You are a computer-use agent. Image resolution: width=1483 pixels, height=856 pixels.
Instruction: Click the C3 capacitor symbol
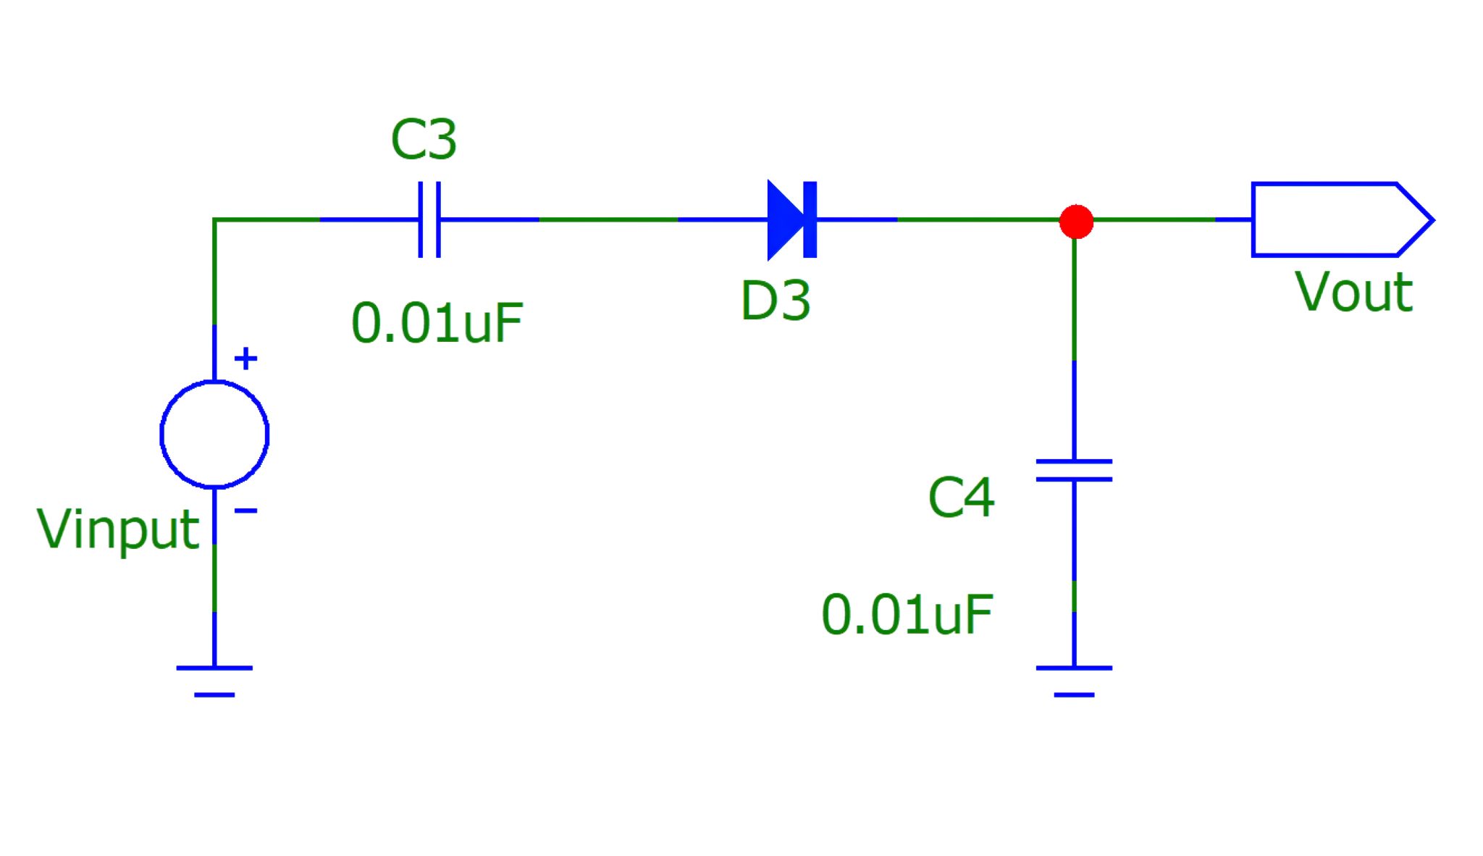coord(429,219)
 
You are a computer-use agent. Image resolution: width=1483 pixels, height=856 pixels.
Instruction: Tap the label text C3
coord(424,139)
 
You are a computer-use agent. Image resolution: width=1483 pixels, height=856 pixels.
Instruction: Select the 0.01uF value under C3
coord(437,323)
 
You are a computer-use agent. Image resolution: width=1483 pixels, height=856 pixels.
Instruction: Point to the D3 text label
coord(775,301)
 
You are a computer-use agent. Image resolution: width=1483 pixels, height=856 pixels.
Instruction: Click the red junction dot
coord(1076,221)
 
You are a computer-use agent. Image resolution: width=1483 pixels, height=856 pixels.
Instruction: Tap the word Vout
coord(1353,293)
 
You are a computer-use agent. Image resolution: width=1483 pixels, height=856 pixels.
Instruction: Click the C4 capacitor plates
coord(1074,470)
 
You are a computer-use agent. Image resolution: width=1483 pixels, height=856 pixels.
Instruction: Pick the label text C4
coord(961,498)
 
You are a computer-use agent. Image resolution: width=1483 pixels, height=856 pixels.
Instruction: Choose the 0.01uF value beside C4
coord(907,615)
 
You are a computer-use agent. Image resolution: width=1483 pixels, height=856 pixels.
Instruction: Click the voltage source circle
coord(214,435)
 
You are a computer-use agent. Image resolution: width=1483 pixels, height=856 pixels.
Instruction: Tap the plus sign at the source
coord(246,358)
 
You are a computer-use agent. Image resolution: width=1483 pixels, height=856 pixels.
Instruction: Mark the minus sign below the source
coord(246,511)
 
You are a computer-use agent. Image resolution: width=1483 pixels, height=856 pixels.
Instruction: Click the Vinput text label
coord(118,529)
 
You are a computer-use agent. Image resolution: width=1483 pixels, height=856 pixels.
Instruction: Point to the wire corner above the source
coord(214,219)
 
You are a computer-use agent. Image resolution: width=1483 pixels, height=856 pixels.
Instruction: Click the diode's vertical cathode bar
coord(810,219)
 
